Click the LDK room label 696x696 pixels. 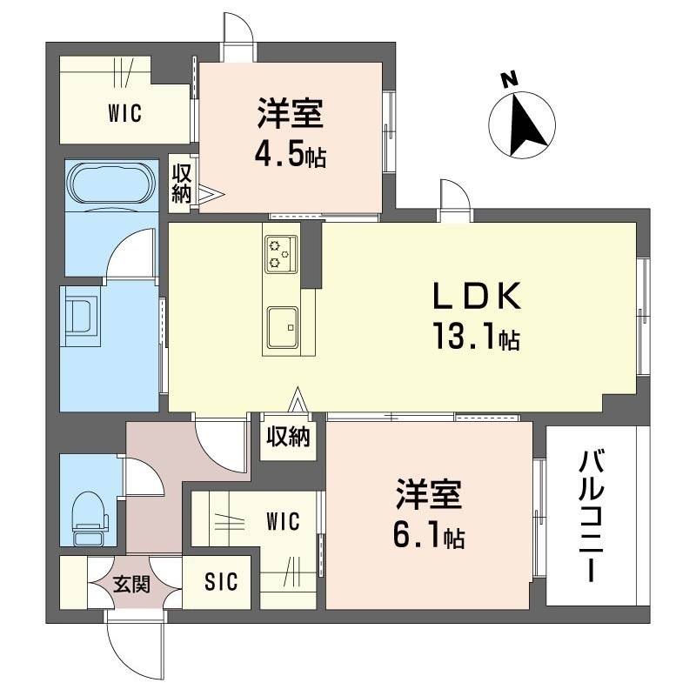(x=477, y=296)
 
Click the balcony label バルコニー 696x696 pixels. (x=592, y=516)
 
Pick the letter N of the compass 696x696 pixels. (x=510, y=80)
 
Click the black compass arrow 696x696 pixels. (x=526, y=124)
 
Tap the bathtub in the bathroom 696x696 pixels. (x=111, y=184)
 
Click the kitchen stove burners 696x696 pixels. (x=280, y=254)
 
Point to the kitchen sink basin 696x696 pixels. (x=283, y=328)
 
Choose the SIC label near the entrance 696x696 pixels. (x=221, y=581)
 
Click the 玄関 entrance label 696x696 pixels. (x=132, y=584)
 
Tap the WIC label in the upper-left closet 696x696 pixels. (x=124, y=113)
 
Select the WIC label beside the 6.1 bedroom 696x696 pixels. (x=284, y=521)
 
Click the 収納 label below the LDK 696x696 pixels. (x=288, y=437)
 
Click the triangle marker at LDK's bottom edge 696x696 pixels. (x=298, y=400)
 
